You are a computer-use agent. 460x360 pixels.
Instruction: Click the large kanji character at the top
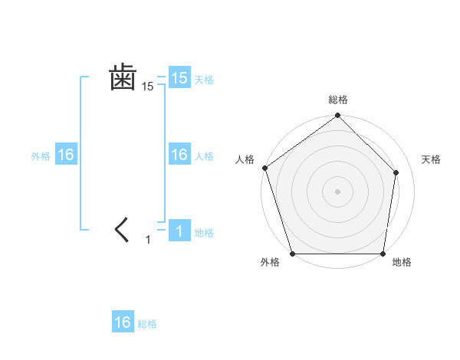(x=123, y=77)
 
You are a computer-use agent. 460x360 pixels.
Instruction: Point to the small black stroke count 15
(x=148, y=87)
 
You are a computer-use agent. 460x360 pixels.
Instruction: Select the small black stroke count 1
(x=149, y=240)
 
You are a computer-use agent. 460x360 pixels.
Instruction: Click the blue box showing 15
(x=179, y=78)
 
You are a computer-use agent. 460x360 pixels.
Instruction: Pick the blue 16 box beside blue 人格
(x=179, y=155)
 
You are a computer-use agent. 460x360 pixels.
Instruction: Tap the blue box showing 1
(x=179, y=231)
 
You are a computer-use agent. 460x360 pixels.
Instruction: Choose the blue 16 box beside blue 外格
(x=66, y=155)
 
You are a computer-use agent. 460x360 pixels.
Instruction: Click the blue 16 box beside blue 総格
(x=123, y=322)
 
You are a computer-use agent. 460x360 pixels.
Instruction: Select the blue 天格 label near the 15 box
(x=204, y=80)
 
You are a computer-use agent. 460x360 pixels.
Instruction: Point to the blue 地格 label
(x=204, y=233)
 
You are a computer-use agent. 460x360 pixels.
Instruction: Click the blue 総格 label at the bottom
(x=147, y=324)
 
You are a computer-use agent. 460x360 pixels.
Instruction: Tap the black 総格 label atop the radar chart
(x=337, y=100)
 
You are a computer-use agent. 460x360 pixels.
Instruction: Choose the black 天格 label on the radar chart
(x=431, y=159)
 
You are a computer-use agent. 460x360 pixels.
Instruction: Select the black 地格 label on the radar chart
(x=402, y=263)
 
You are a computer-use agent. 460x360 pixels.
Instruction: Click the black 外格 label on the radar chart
(x=270, y=263)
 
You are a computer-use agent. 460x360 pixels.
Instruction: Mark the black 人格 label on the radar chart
(x=245, y=159)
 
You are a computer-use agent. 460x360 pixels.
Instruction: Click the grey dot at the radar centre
(x=337, y=191)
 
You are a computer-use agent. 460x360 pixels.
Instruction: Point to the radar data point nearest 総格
(x=337, y=116)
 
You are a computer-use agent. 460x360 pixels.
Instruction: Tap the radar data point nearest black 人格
(x=264, y=168)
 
